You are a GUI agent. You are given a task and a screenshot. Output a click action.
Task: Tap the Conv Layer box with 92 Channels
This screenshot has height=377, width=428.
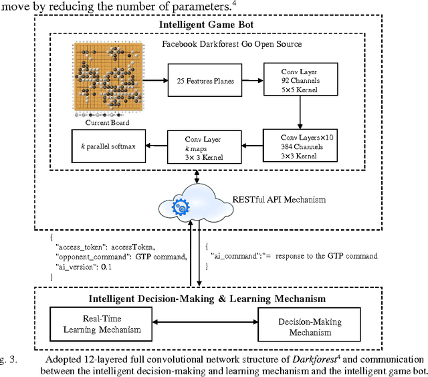291,78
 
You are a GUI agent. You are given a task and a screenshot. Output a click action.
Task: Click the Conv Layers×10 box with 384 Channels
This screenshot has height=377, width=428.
291,146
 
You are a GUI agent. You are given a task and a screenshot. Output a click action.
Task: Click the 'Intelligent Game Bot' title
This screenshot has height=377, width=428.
206,25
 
